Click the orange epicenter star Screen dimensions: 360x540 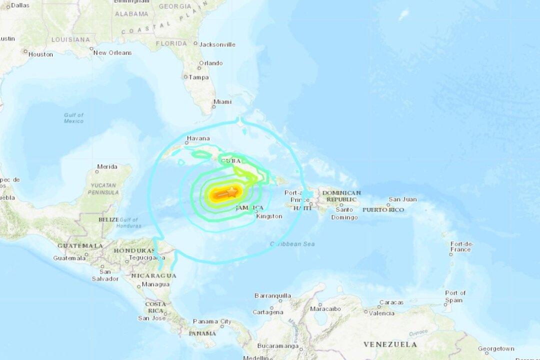(x=232, y=191)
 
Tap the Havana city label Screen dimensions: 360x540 (x=198, y=138)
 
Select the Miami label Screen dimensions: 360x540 (x=222, y=102)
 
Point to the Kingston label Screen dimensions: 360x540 (x=269, y=216)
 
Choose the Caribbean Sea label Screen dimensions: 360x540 (x=292, y=244)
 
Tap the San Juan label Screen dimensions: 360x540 (x=402, y=199)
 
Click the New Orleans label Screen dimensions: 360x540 (x=112, y=52)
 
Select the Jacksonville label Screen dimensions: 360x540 (x=217, y=44)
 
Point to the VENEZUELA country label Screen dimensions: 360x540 (x=390, y=344)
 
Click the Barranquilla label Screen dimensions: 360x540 (x=272, y=295)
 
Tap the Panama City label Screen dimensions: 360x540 (x=212, y=321)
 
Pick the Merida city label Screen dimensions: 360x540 (x=107, y=166)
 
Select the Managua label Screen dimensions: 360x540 (x=155, y=284)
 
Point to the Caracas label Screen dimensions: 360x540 (x=391, y=302)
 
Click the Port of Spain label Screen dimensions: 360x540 (x=455, y=296)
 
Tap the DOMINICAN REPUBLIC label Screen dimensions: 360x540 (x=341, y=196)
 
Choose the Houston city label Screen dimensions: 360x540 (x=40, y=54)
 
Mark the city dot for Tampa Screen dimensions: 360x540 (x=185, y=77)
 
